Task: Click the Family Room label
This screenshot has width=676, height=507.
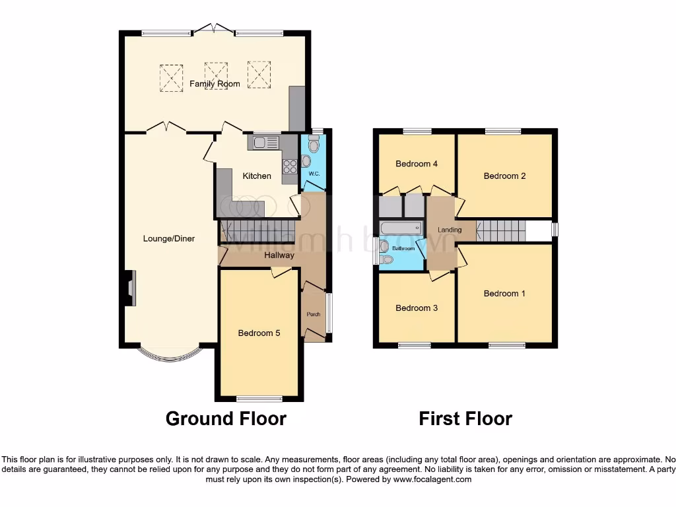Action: point(215,84)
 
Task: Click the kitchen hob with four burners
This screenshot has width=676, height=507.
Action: point(290,167)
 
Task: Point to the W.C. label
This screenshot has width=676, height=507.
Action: point(314,174)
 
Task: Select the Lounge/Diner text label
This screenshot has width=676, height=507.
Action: point(169,238)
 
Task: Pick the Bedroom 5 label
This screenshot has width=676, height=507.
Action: point(259,333)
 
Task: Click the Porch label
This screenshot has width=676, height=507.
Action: point(314,314)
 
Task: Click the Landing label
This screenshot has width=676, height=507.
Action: point(450,230)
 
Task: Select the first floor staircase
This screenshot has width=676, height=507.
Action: point(500,231)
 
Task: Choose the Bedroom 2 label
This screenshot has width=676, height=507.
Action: point(504,176)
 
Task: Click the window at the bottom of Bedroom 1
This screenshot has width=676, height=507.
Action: point(507,345)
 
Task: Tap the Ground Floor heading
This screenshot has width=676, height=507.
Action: point(226,419)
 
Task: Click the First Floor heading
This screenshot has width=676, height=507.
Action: point(465,419)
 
